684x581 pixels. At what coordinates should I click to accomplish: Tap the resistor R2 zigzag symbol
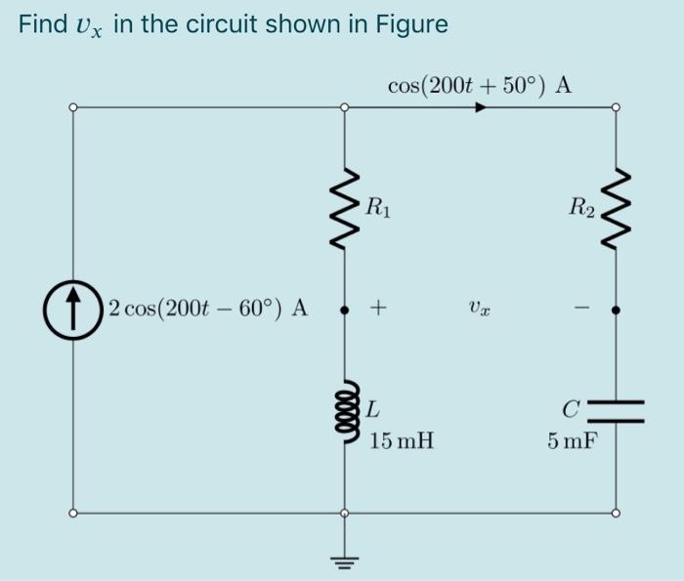pos(615,212)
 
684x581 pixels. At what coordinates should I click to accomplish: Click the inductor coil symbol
pos(343,410)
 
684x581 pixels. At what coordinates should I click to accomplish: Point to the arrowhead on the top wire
pos(480,107)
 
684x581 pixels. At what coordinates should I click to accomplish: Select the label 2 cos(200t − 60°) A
pos(208,310)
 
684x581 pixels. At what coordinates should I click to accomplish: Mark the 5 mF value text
pos(573,442)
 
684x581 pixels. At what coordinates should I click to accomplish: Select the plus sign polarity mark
pos(378,310)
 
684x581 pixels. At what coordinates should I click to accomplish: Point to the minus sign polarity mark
pos(579,310)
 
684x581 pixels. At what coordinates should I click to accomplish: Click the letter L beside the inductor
pos(376,407)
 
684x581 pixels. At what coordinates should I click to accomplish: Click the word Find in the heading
pos(41,24)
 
